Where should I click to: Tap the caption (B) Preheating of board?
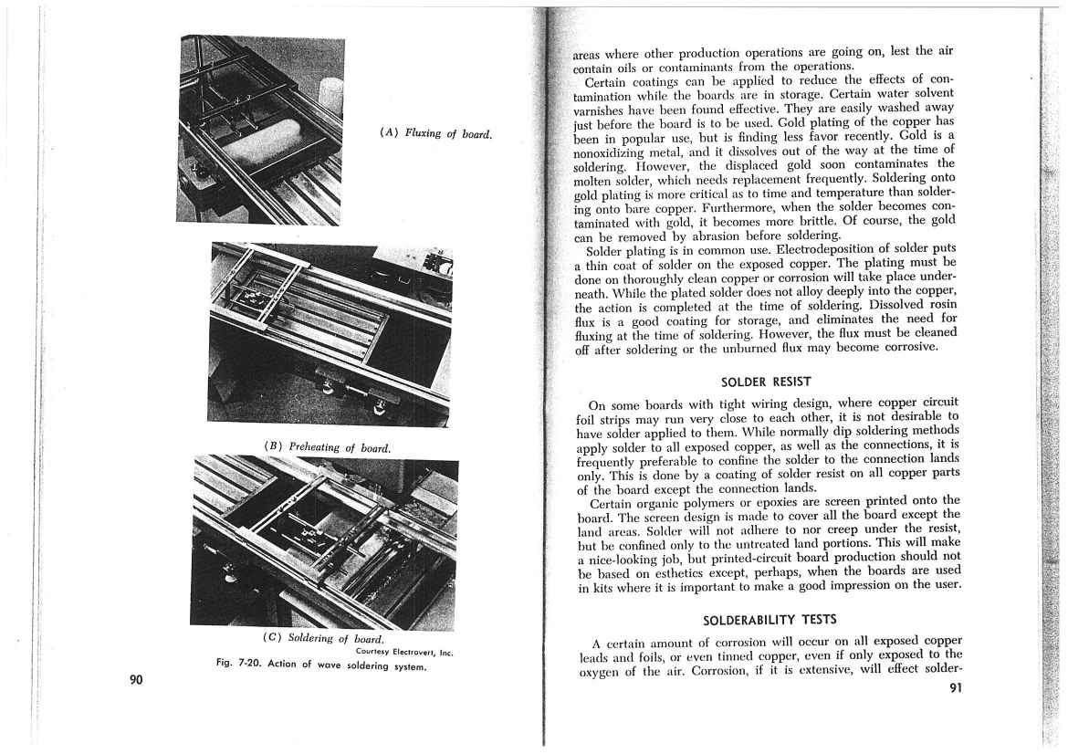pos(327,447)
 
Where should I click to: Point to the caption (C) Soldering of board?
pos(321,638)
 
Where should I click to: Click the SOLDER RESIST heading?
pos(766,381)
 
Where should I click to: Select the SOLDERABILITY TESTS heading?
pos(769,620)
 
